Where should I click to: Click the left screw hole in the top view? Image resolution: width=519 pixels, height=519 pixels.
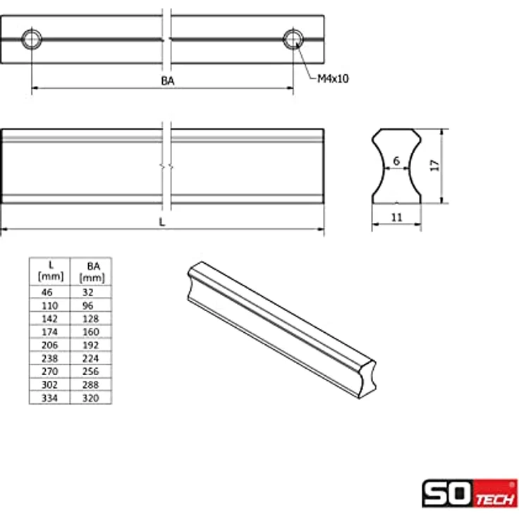[x=32, y=39]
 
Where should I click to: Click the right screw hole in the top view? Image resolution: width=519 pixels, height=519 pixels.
[x=293, y=39]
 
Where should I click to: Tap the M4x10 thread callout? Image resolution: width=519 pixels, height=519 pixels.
[x=333, y=79]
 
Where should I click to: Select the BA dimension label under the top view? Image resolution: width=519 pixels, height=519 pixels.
[x=168, y=81]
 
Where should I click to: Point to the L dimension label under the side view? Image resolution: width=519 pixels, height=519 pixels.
[x=162, y=221]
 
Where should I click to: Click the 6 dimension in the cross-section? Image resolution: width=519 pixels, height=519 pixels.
[x=396, y=161]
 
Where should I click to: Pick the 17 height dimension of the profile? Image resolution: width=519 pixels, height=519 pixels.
[x=435, y=166]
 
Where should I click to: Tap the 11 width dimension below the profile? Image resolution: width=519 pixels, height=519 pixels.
[x=396, y=217]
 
